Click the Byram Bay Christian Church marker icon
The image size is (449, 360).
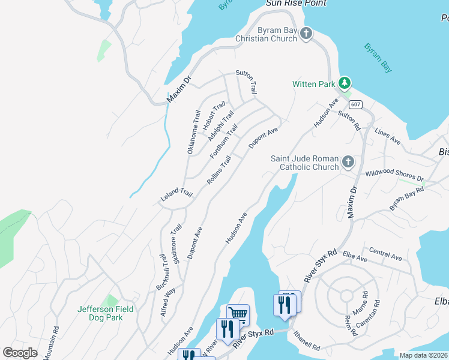pos(306,34)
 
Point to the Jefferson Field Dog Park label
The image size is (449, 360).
pos(106,313)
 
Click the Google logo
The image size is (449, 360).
pos(20,352)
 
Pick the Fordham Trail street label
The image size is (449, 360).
pos(224,141)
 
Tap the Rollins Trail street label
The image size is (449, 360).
pos(219,170)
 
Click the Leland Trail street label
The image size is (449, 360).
pos(176,194)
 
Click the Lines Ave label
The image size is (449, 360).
pos(387,136)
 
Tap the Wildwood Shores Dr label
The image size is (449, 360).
pos(394,176)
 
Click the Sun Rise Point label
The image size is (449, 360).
pos(296,4)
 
